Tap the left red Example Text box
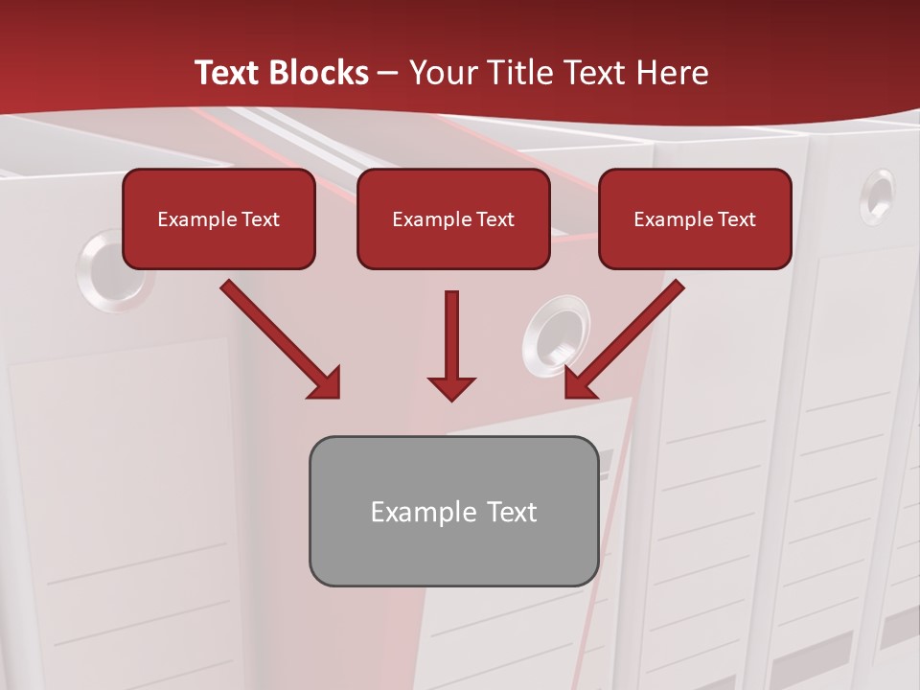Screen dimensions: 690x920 pyautogui.click(x=218, y=219)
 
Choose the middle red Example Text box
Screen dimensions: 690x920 pyautogui.click(x=453, y=219)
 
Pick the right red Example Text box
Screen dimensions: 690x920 pyautogui.click(x=695, y=219)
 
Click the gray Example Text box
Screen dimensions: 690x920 pyautogui.click(x=453, y=512)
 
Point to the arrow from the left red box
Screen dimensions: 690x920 pyautogui.click(x=278, y=337)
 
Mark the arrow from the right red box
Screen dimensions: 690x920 pyautogui.click(x=627, y=337)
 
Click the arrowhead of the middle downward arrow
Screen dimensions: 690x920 pyautogui.click(x=451, y=387)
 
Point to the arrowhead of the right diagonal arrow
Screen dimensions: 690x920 pyautogui.click(x=581, y=383)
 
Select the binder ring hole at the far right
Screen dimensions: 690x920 pyautogui.click(x=876, y=196)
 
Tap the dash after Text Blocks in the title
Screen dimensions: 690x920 pyautogui.click(x=388, y=74)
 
